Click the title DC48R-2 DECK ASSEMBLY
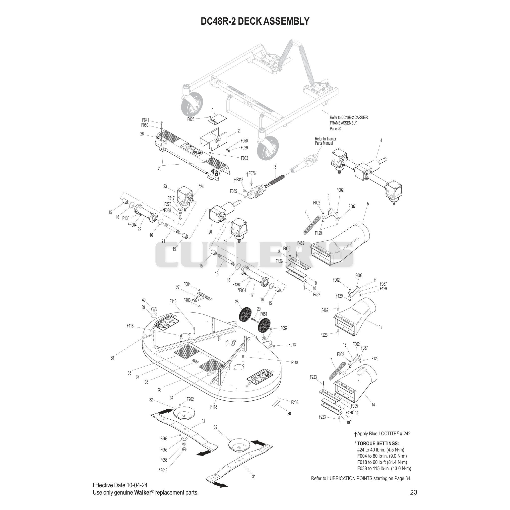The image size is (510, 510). (255, 21)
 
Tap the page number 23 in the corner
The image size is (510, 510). (414, 492)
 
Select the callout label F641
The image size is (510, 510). (145, 120)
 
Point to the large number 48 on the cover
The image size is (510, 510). (215, 173)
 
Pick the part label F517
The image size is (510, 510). (171, 198)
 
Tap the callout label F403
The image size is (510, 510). (187, 300)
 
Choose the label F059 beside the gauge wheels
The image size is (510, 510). (284, 328)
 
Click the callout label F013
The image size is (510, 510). (292, 344)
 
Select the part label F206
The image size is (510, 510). (295, 402)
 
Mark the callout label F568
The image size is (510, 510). (164, 439)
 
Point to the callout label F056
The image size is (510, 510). (164, 460)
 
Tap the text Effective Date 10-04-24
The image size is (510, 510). (120, 485)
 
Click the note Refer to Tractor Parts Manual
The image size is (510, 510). (325, 141)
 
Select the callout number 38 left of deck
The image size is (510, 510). (112, 358)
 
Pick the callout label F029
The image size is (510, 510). (244, 148)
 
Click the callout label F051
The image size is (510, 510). (264, 314)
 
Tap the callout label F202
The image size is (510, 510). (190, 399)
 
